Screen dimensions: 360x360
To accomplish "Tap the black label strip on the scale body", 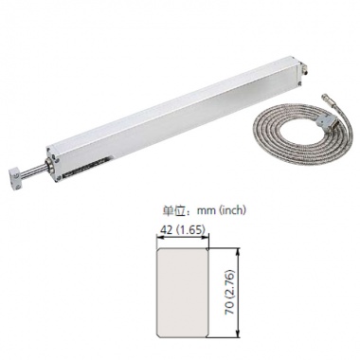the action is [85, 169].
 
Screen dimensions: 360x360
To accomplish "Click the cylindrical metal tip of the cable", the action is [325, 99].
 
